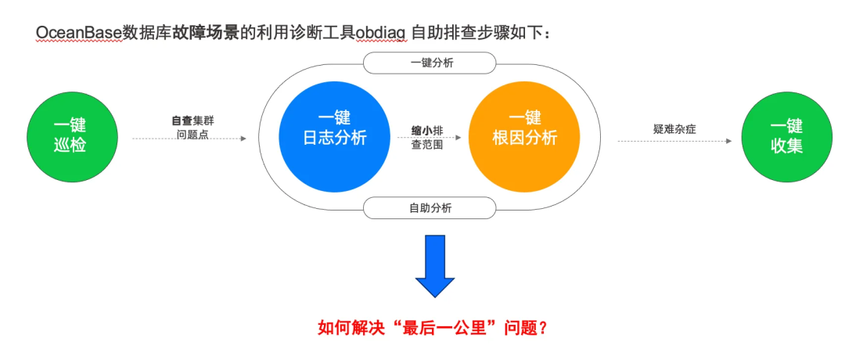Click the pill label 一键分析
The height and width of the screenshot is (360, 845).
pyautogui.click(x=430, y=63)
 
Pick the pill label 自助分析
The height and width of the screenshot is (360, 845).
pyautogui.click(x=430, y=208)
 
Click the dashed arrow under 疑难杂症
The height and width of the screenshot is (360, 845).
pyautogui.click(x=674, y=142)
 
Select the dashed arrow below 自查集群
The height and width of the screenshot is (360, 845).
pyautogui.click(x=189, y=139)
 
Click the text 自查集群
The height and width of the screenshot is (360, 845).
pyautogui.click(x=192, y=121)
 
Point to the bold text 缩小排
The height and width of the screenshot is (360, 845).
pyautogui.click(x=427, y=131)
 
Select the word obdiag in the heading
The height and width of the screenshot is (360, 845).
pyautogui.click(x=381, y=33)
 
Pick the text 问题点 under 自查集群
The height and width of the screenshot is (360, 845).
pyautogui.click(x=192, y=134)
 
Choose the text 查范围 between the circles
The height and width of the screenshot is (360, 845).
pyautogui.click(x=427, y=144)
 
